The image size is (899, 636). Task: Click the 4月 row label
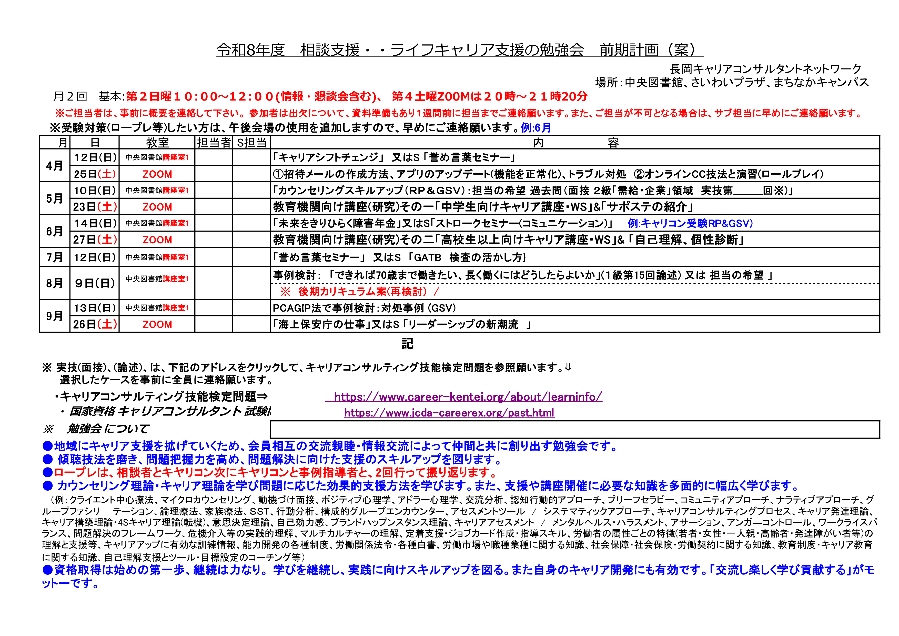pos(54,166)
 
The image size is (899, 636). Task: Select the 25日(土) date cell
pos(95,174)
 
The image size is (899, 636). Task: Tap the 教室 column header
pos(157,143)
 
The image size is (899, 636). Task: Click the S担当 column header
pos(251,143)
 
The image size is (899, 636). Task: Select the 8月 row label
pos(54,283)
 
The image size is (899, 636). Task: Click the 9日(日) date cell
pos(95,283)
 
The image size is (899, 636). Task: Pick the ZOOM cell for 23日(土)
pos(157,207)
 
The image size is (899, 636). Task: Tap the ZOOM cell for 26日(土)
pos(157,324)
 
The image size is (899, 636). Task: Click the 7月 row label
pos(54,257)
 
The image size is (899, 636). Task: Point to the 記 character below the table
pos(407,344)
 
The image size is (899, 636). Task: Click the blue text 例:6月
pos(536,128)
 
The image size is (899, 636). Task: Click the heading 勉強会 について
pos(108,429)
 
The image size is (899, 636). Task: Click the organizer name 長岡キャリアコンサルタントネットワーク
pos(765,69)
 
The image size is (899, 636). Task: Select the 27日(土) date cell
pos(95,240)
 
